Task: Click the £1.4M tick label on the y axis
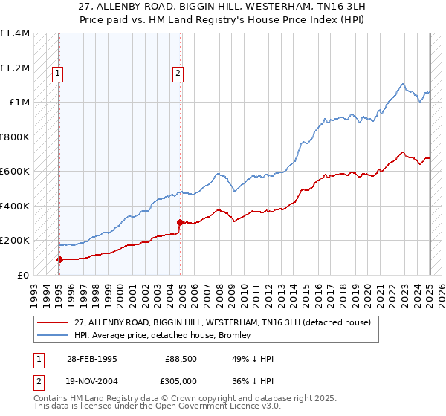[x=15, y=34]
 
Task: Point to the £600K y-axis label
[x=15, y=172]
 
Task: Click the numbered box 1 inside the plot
[x=58, y=73]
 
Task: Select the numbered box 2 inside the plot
[x=179, y=73]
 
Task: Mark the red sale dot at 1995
[x=59, y=259]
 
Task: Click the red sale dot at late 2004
[x=180, y=222]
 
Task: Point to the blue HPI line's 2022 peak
[x=402, y=84]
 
